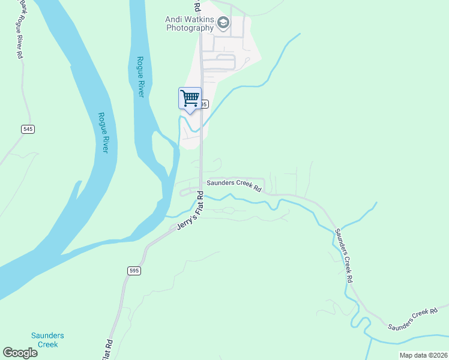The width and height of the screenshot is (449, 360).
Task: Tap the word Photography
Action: click(x=190, y=28)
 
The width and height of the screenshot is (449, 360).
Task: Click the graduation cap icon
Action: click(x=223, y=23)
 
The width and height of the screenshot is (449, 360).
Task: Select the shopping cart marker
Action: click(x=190, y=98)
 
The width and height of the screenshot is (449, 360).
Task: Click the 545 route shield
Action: click(x=28, y=128)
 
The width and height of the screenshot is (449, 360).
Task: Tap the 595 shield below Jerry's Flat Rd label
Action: click(x=134, y=271)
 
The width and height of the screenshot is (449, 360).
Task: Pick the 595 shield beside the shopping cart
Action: click(x=204, y=104)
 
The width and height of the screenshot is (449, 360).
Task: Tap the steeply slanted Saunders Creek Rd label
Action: click(x=343, y=256)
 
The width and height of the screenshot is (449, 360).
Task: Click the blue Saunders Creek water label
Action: click(x=47, y=340)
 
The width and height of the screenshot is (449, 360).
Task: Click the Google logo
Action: click(x=20, y=353)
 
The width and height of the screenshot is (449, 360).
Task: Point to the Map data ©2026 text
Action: click(x=423, y=355)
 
